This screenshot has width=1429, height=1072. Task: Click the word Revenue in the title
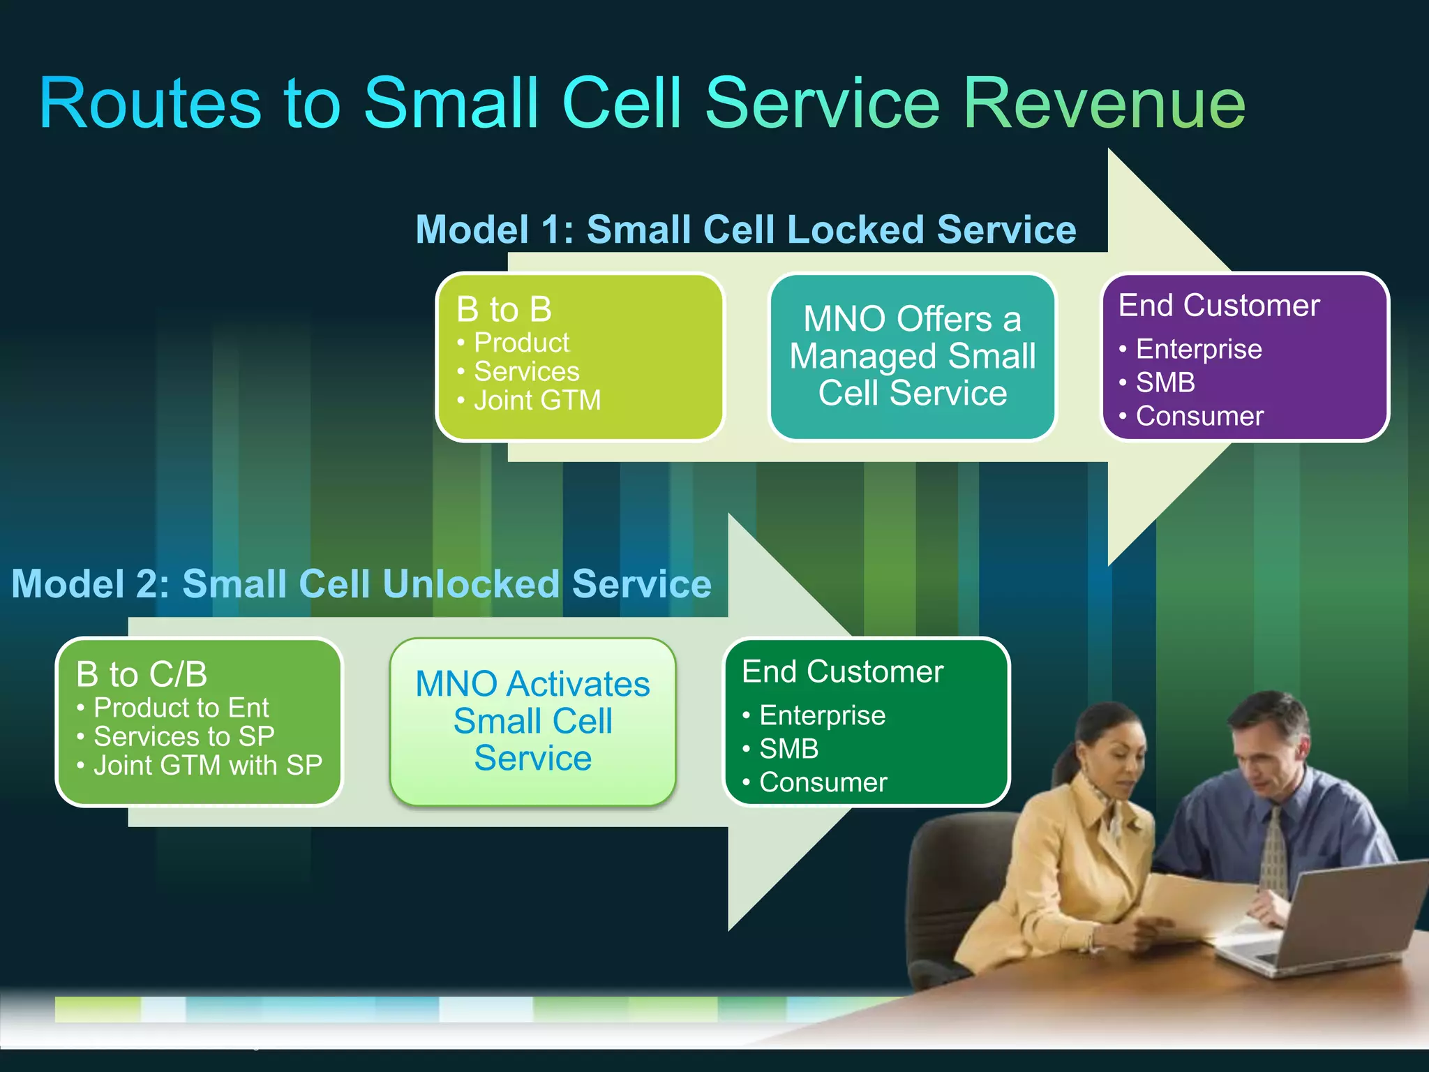[1104, 105]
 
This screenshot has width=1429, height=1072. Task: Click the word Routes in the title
[150, 105]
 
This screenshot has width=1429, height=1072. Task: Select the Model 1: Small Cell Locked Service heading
[745, 230]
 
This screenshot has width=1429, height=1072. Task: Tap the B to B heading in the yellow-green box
[504, 309]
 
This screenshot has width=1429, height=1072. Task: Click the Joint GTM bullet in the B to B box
[537, 401]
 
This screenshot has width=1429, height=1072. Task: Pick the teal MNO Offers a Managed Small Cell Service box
[912, 356]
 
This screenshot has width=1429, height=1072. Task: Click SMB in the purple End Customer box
[1165, 382]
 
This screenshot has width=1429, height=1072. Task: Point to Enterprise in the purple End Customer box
[1198, 349]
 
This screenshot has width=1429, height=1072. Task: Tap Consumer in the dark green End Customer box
[823, 782]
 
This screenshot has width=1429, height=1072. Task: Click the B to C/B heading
[142, 674]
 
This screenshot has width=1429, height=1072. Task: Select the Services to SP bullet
[184, 736]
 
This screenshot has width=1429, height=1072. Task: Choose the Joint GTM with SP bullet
[207, 766]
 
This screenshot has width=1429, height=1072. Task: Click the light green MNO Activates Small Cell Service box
[532, 721]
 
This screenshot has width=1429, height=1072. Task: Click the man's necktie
[1275, 851]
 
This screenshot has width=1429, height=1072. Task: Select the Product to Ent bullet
[181, 708]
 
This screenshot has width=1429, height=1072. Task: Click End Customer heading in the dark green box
[842, 671]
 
